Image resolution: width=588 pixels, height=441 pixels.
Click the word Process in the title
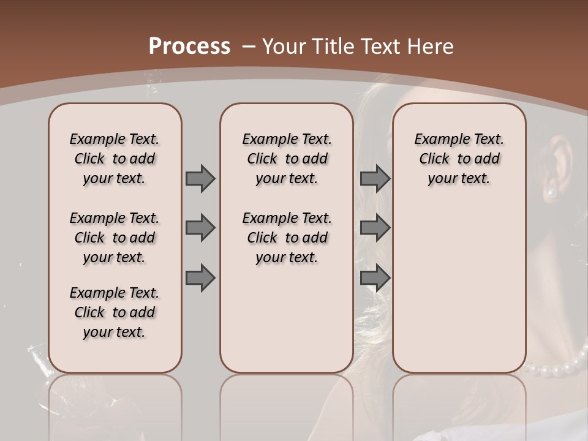pyautogui.click(x=189, y=46)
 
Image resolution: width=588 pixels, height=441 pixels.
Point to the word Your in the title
pyautogui.click(x=284, y=46)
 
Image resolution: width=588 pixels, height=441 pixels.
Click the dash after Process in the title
pyautogui.click(x=249, y=47)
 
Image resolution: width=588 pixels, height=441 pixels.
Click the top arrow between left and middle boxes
pyautogui.click(x=200, y=178)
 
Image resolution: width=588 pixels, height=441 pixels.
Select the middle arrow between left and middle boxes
pyautogui.click(x=200, y=228)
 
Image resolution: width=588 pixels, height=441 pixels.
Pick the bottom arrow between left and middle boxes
pyautogui.click(x=200, y=278)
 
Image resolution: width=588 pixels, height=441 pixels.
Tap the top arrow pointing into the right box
pyautogui.click(x=375, y=178)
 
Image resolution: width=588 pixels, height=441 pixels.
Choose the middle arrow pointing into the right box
pyautogui.click(x=375, y=228)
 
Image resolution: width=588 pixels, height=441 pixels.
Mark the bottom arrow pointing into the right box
pyautogui.click(x=375, y=278)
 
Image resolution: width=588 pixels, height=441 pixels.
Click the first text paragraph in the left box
pyautogui.click(x=115, y=159)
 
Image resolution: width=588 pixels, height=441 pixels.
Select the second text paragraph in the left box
pyautogui.click(x=115, y=238)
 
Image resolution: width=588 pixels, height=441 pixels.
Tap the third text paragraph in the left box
pyautogui.click(x=115, y=312)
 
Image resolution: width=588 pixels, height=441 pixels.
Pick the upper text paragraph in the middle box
pyautogui.click(x=287, y=159)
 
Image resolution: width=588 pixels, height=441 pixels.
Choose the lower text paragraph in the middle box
pyautogui.click(x=287, y=238)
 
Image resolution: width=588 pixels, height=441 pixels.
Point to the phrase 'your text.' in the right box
pyautogui.click(x=459, y=179)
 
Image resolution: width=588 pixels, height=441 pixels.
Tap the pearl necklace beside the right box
pyautogui.click(x=554, y=368)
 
